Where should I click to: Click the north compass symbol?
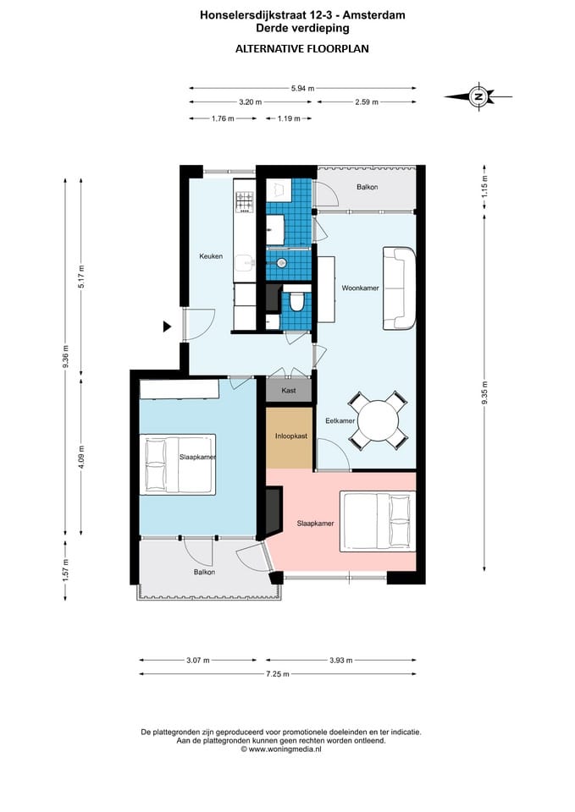(x=478, y=96)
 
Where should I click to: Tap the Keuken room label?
(x=211, y=255)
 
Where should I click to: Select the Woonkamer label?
(x=360, y=288)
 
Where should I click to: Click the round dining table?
(x=379, y=420)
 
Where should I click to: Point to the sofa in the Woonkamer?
(x=399, y=288)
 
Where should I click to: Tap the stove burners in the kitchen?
(x=245, y=202)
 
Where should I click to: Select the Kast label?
(x=289, y=390)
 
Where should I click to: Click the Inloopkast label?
(x=290, y=436)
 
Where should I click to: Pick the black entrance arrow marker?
(x=167, y=326)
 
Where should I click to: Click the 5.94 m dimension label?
(x=303, y=88)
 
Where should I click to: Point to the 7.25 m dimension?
(x=278, y=674)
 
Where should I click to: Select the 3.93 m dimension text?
(x=341, y=661)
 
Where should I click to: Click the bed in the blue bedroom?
(x=177, y=464)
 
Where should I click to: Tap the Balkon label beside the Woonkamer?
(x=367, y=187)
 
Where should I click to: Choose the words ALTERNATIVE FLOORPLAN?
(x=302, y=49)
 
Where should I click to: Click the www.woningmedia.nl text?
(x=285, y=749)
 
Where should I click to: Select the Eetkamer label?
(x=340, y=420)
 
